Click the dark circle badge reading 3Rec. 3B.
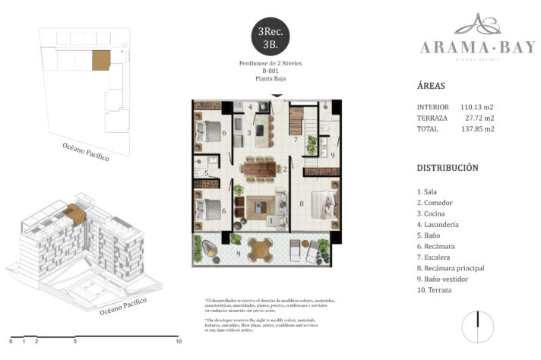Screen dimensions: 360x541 (270, 37)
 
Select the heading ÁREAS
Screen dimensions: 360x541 (432, 86)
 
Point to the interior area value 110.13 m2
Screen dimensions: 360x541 (477, 107)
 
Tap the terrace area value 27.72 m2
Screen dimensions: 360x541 (479, 118)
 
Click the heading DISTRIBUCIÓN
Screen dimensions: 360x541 (448, 167)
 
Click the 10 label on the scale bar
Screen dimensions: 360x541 (178, 342)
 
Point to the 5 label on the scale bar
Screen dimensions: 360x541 (75, 342)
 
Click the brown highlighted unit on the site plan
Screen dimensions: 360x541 (100, 60)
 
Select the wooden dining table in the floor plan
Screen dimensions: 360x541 (259, 168)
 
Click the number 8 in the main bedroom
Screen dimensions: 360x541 (302, 203)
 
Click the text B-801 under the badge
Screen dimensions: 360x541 (270, 71)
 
